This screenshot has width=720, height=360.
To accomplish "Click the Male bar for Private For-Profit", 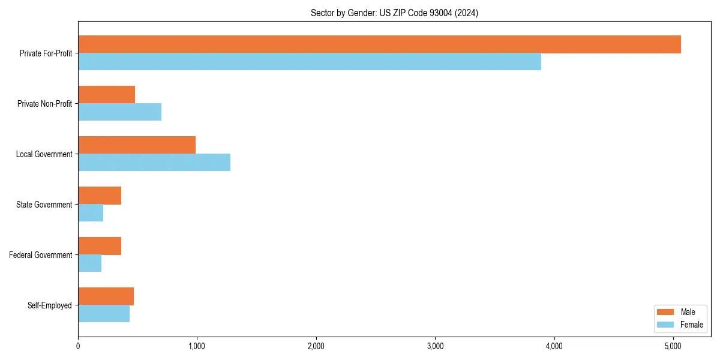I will (x=379, y=44).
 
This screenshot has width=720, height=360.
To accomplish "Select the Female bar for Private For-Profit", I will (x=310, y=62).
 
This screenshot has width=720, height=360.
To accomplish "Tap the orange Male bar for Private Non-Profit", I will (x=106, y=95).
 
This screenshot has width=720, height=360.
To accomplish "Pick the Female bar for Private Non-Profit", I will (x=119, y=112).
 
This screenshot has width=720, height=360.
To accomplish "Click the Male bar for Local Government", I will (x=137, y=145).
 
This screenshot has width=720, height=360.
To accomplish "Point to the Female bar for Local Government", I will (x=154, y=163).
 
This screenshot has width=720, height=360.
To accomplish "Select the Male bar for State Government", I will (x=100, y=196).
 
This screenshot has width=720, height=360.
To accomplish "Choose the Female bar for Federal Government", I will (x=89, y=263).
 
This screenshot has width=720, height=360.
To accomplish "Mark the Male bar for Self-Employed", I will (x=106, y=296).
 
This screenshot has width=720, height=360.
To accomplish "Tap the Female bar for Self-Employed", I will (x=104, y=314).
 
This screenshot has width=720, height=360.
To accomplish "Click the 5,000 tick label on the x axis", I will (x=673, y=346).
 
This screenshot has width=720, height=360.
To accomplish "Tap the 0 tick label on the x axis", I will (x=78, y=346).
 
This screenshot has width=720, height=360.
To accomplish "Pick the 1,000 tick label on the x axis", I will (x=197, y=346).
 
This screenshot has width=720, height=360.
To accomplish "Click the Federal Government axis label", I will (x=41, y=255).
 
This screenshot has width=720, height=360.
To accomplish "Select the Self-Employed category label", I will (x=50, y=305).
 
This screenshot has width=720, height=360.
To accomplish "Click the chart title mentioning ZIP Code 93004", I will (x=394, y=13).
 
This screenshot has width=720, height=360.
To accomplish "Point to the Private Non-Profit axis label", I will (x=44, y=104).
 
